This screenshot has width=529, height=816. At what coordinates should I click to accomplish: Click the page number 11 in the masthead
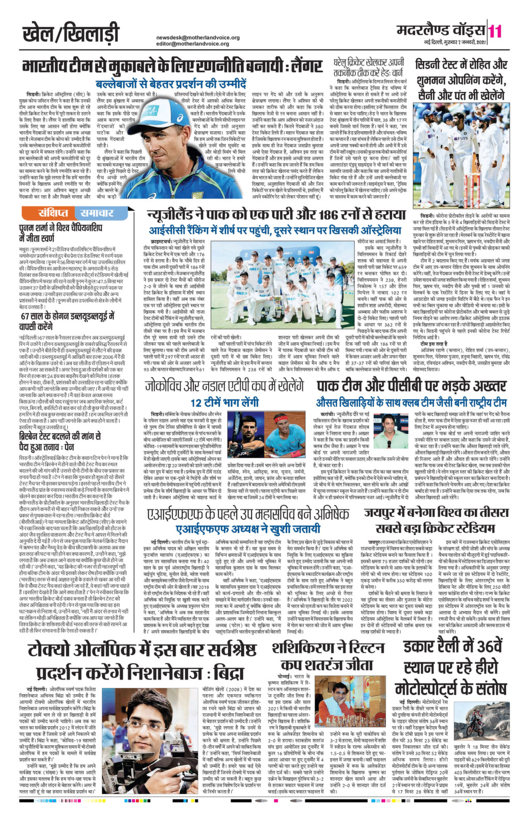(x=495, y=31)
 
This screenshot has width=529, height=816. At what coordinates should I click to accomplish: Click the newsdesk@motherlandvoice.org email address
(x=198, y=38)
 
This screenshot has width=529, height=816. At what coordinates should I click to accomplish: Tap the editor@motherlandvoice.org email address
(x=194, y=43)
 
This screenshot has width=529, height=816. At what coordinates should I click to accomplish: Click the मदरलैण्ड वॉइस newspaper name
(x=440, y=30)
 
